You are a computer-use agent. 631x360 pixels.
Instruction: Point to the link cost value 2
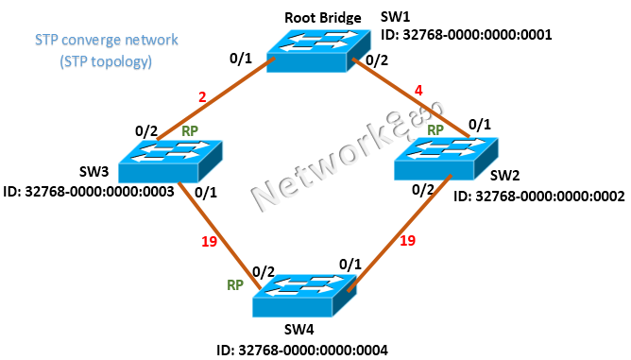pyautogui.click(x=202, y=96)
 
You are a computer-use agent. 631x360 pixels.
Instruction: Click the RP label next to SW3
pyautogui.click(x=189, y=131)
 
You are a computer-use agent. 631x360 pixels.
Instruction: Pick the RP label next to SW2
pyautogui.click(x=435, y=129)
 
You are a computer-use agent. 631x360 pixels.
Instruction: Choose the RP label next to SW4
pyautogui.click(x=234, y=283)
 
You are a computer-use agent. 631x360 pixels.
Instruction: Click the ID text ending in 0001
pyautogui.click(x=466, y=35)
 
